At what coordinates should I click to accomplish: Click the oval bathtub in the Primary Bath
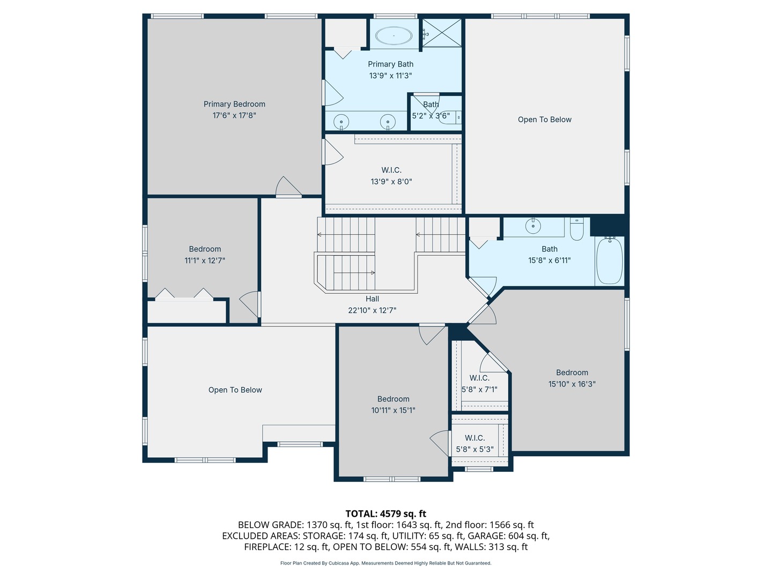[x=394, y=35]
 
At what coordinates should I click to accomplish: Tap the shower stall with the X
[x=442, y=33]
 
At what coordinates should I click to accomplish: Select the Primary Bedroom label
[x=234, y=104]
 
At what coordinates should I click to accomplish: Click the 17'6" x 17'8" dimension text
[x=234, y=115]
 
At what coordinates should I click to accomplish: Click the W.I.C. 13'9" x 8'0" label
[x=391, y=176]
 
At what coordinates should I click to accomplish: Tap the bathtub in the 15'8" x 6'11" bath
[x=610, y=261]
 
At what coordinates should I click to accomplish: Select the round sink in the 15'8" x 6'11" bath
[x=533, y=226]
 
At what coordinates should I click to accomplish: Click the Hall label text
[x=372, y=299]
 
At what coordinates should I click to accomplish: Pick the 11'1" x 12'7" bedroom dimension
[x=205, y=261]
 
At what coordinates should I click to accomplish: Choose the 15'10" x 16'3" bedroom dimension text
[x=572, y=384]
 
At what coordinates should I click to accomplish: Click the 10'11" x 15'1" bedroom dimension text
[x=393, y=410]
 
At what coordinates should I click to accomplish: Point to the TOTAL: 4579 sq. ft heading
[x=386, y=514]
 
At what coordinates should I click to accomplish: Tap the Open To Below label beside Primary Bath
[x=545, y=120]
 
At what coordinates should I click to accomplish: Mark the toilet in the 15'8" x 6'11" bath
[x=577, y=229]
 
